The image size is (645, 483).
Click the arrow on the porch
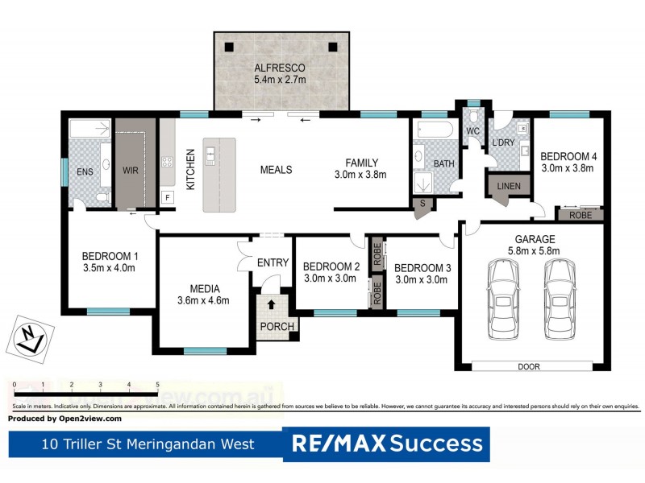[x=271, y=305]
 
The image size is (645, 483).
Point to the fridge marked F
[x=167, y=197]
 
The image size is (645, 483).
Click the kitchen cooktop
[x=168, y=162]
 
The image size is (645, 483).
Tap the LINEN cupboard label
[x=509, y=187]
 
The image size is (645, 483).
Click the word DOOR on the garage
[x=529, y=367]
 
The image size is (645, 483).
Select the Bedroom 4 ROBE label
[x=580, y=216]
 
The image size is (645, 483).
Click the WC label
[x=473, y=130]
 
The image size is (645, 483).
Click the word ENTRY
[x=273, y=262]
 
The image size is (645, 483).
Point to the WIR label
[x=131, y=171]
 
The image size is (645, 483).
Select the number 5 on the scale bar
[x=157, y=385]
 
